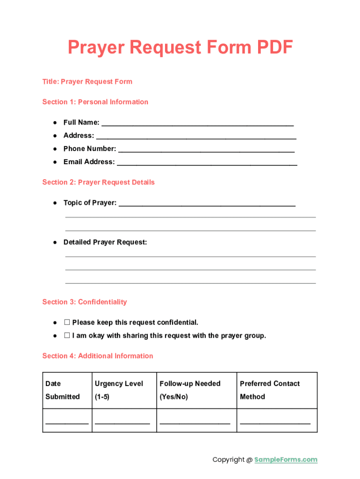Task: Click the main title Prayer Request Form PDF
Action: (x=180, y=48)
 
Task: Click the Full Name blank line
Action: (x=197, y=123)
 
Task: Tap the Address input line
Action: (x=196, y=136)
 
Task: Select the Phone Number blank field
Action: (x=206, y=149)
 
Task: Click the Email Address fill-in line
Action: (x=207, y=162)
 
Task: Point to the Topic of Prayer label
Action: (x=90, y=203)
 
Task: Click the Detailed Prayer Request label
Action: (x=105, y=242)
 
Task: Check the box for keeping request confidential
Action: (x=67, y=322)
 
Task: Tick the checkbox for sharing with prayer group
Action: (x=67, y=335)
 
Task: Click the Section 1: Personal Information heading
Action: (x=95, y=102)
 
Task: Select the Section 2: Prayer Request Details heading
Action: (x=98, y=182)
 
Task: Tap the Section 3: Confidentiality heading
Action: (x=85, y=302)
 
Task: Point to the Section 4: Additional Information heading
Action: (x=98, y=356)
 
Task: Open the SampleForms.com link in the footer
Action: (x=286, y=460)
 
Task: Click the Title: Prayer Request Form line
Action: (x=87, y=81)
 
